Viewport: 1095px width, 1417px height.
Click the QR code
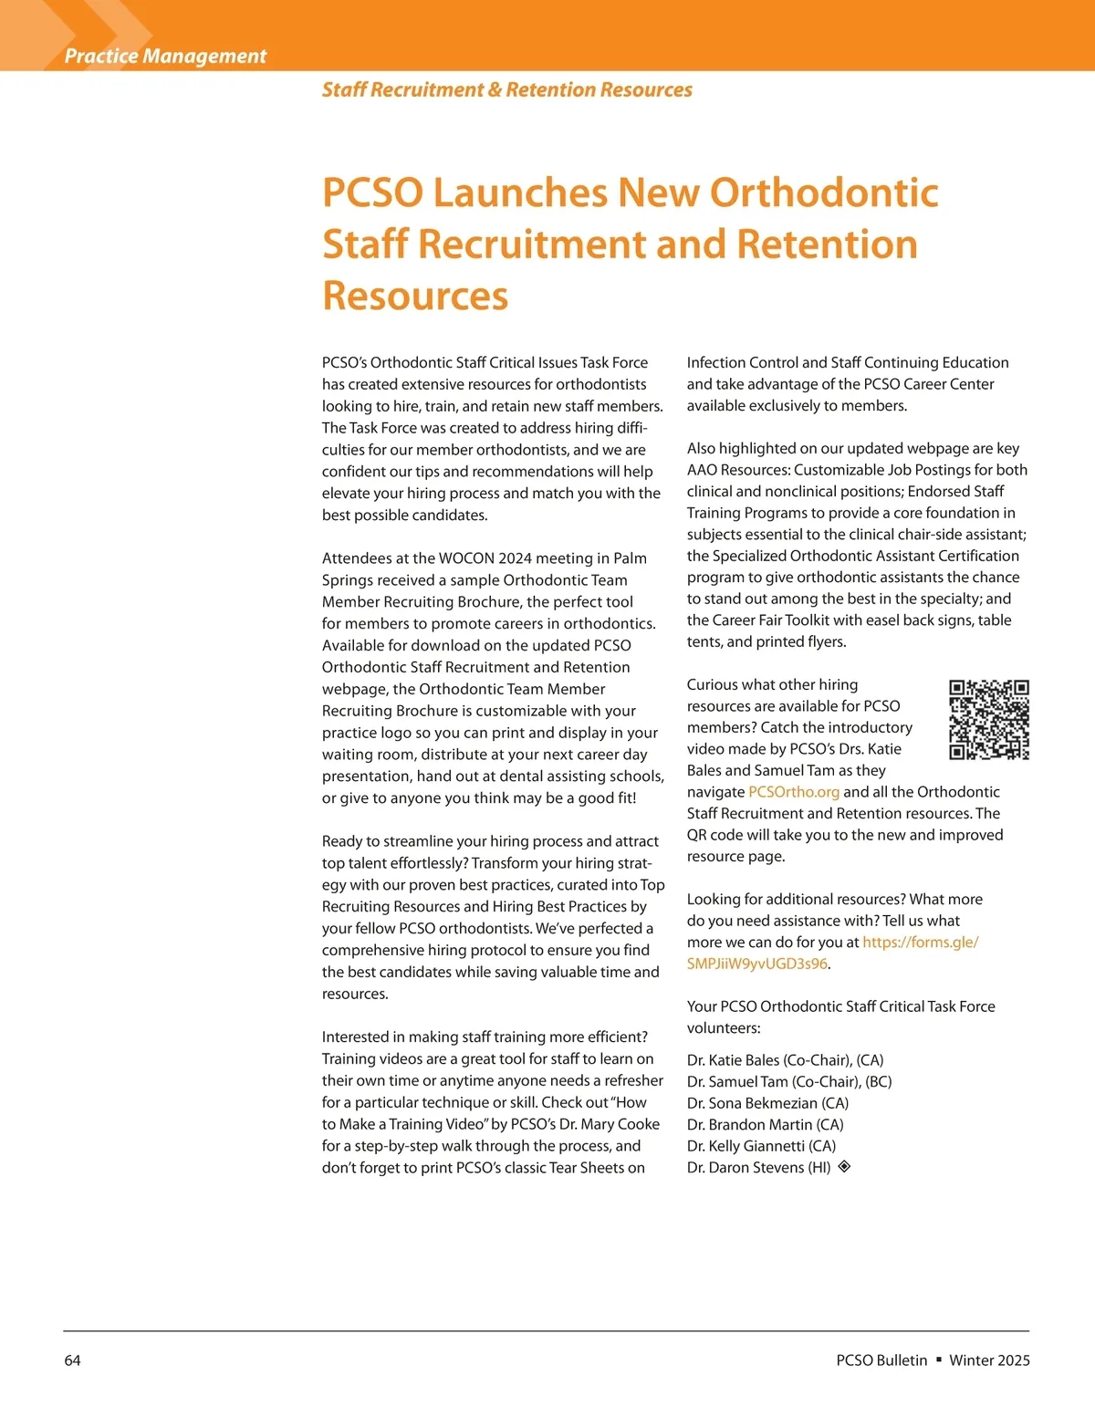click(x=989, y=720)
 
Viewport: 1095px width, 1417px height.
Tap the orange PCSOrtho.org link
click(x=793, y=792)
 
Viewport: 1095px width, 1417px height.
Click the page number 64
click(x=72, y=1360)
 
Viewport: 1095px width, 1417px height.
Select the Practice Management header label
click(x=165, y=56)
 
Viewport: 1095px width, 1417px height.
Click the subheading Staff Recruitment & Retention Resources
click(x=506, y=89)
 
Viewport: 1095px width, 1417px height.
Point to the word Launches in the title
click(x=520, y=193)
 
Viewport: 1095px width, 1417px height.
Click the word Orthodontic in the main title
click(x=824, y=193)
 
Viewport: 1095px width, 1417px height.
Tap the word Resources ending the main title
click(x=415, y=296)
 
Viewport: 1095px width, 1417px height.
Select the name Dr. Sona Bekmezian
click(x=767, y=1103)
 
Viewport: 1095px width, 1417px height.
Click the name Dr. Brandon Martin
click(x=765, y=1125)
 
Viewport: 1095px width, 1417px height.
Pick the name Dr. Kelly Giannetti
click(x=761, y=1146)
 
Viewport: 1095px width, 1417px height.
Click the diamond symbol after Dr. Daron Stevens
click(x=845, y=1166)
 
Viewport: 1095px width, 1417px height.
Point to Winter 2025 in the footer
click(x=989, y=1360)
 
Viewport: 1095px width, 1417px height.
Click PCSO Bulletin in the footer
click(x=881, y=1360)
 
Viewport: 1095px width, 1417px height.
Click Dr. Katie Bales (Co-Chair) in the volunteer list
click(x=785, y=1060)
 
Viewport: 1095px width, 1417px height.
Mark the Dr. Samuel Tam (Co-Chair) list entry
click(x=789, y=1082)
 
